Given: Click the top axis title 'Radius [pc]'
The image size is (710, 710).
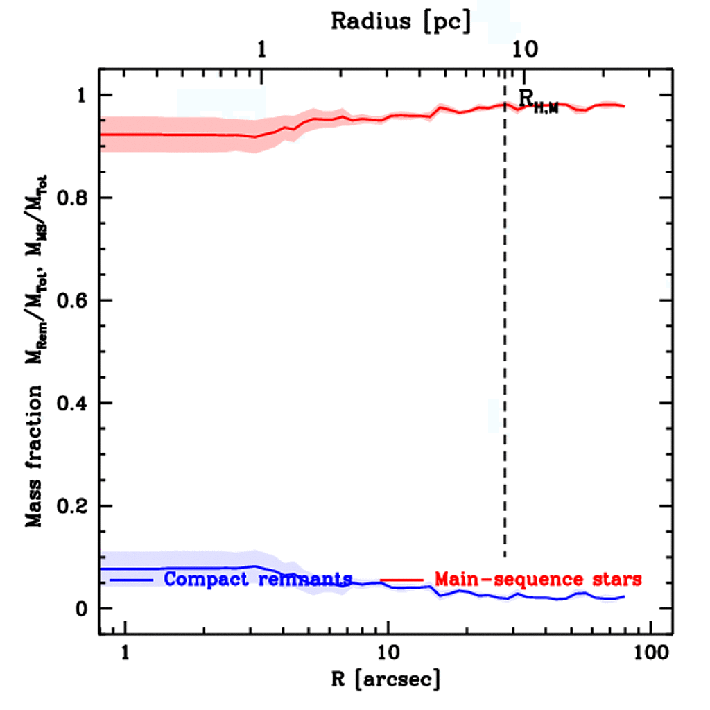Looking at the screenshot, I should click(x=401, y=21).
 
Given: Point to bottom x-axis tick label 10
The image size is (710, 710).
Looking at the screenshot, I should click(x=387, y=653).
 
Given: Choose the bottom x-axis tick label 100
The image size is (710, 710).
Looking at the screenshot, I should click(x=650, y=653).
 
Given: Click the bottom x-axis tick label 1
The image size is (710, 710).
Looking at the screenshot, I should click(x=125, y=653).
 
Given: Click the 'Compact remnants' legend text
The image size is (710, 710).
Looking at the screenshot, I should click(x=258, y=579).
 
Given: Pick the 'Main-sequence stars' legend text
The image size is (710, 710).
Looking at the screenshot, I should click(x=538, y=579).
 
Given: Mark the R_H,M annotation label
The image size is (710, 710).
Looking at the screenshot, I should click(x=537, y=101).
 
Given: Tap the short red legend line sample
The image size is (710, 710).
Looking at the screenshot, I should click(x=401, y=579).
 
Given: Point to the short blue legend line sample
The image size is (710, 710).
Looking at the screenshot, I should click(x=132, y=579).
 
